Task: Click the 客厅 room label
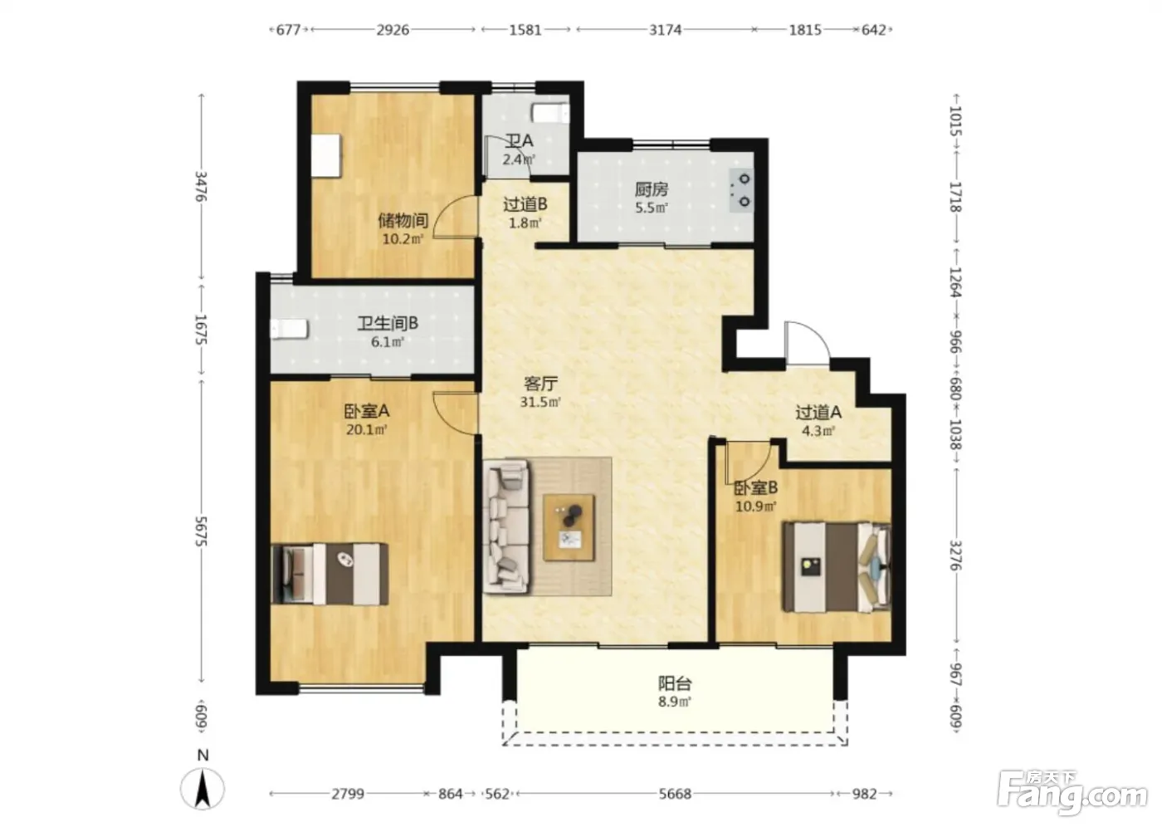coord(540,384)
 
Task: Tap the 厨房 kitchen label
coord(652,189)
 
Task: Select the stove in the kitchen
coord(741,190)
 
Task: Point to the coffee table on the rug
coord(569,527)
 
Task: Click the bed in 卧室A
coord(330,575)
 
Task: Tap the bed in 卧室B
coord(837,567)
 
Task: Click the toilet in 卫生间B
coord(289,329)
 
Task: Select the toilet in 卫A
coord(551,113)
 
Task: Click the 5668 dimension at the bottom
coord(675,794)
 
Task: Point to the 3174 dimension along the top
coord(665,30)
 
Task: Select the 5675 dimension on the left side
coord(201,531)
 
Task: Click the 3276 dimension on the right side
coord(955,555)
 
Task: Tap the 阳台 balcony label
coord(675,684)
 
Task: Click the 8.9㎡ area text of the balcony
coord(675,702)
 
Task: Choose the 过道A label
coord(818,413)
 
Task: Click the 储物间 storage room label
coord(403,221)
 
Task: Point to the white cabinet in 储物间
coord(326,155)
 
